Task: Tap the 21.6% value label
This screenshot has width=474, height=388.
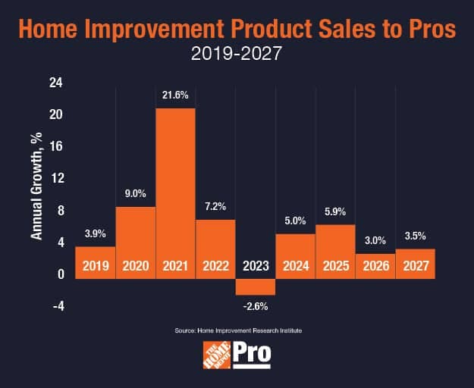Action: click(176, 96)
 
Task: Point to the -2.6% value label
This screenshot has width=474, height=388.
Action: click(256, 307)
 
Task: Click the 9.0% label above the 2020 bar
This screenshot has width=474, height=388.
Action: click(136, 194)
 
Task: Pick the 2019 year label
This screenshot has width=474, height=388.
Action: click(96, 266)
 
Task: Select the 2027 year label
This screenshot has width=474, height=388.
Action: click(415, 266)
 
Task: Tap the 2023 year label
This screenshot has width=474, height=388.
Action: click(256, 266)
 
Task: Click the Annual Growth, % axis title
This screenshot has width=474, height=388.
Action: click(36, 189)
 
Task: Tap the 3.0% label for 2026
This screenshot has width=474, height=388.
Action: click(375, 240)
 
